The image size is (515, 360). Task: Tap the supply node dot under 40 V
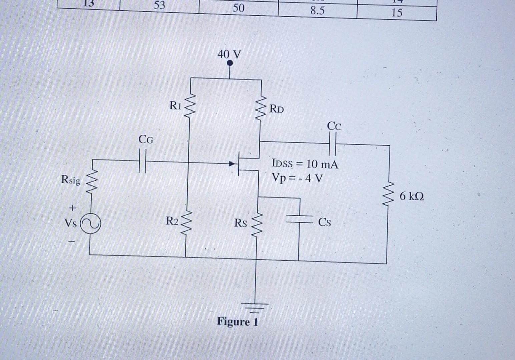point(229,63)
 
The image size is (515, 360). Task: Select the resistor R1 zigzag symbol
point(189,107)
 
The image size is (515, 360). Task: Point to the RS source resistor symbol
point(256,223)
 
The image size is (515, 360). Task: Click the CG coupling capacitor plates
point(142,161)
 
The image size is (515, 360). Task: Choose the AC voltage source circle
point(90,224)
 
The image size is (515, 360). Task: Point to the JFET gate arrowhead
point(232,164)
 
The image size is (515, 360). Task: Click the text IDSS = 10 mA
point(305,164)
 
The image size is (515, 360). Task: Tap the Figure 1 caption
point(237,322)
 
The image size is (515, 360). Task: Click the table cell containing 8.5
point(317,11)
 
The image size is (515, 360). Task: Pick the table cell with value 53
point(159,6)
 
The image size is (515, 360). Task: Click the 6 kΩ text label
point(412,196)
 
